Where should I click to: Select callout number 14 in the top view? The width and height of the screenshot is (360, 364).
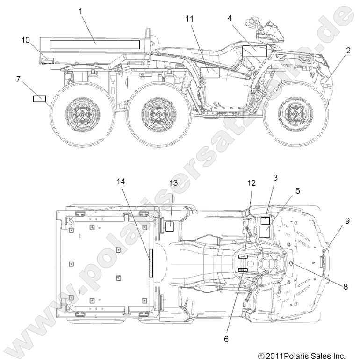[122, 182]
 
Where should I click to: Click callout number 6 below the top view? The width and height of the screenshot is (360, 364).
[226, 339]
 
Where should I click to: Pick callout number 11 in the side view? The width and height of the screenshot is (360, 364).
[189, 18]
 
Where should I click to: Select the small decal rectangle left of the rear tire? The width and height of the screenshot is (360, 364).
[39, 98]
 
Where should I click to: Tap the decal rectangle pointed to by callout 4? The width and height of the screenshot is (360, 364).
[254, 51]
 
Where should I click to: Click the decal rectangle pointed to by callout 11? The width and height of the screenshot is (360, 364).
[210, 72]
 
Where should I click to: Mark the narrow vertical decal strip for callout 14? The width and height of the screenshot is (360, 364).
[151, 263]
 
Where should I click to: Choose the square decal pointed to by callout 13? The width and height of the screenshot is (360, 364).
[170, 226]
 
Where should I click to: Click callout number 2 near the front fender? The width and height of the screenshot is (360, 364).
[348, 51]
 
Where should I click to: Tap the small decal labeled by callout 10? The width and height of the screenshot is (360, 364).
[48, 61]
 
